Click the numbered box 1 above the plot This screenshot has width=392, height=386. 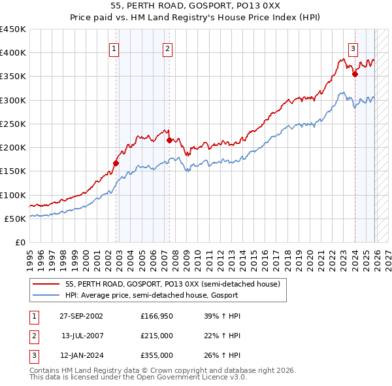[x=114, y=48]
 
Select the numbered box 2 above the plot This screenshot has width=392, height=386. [x=167, y=48]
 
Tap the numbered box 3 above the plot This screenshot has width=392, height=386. [x=353, y=48]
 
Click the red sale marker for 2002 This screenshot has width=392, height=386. [x=116, y=163]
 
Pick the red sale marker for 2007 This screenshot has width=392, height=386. [x=169, y=140]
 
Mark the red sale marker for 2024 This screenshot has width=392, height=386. [x=355, y=74]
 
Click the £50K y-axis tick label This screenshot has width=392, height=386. [x=16, y=219]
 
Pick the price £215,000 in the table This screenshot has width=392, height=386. [x=157, y=336]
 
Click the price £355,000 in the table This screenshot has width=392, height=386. [x=157, y=355]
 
